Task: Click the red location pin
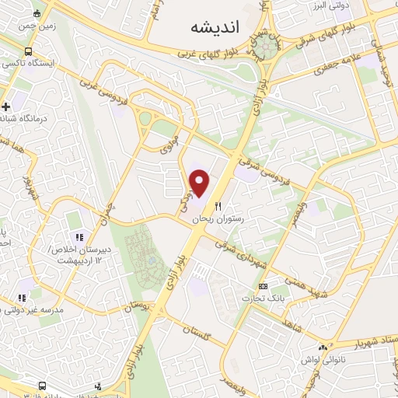(x=201, y=183)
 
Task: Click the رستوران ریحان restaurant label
(x=219, y=220)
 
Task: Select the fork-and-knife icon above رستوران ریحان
(x=218, y=208)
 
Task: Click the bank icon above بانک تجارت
(x=263, y=286)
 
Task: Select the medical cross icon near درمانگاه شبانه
(x=6, y=106)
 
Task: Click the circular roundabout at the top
(x=267, y=46)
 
